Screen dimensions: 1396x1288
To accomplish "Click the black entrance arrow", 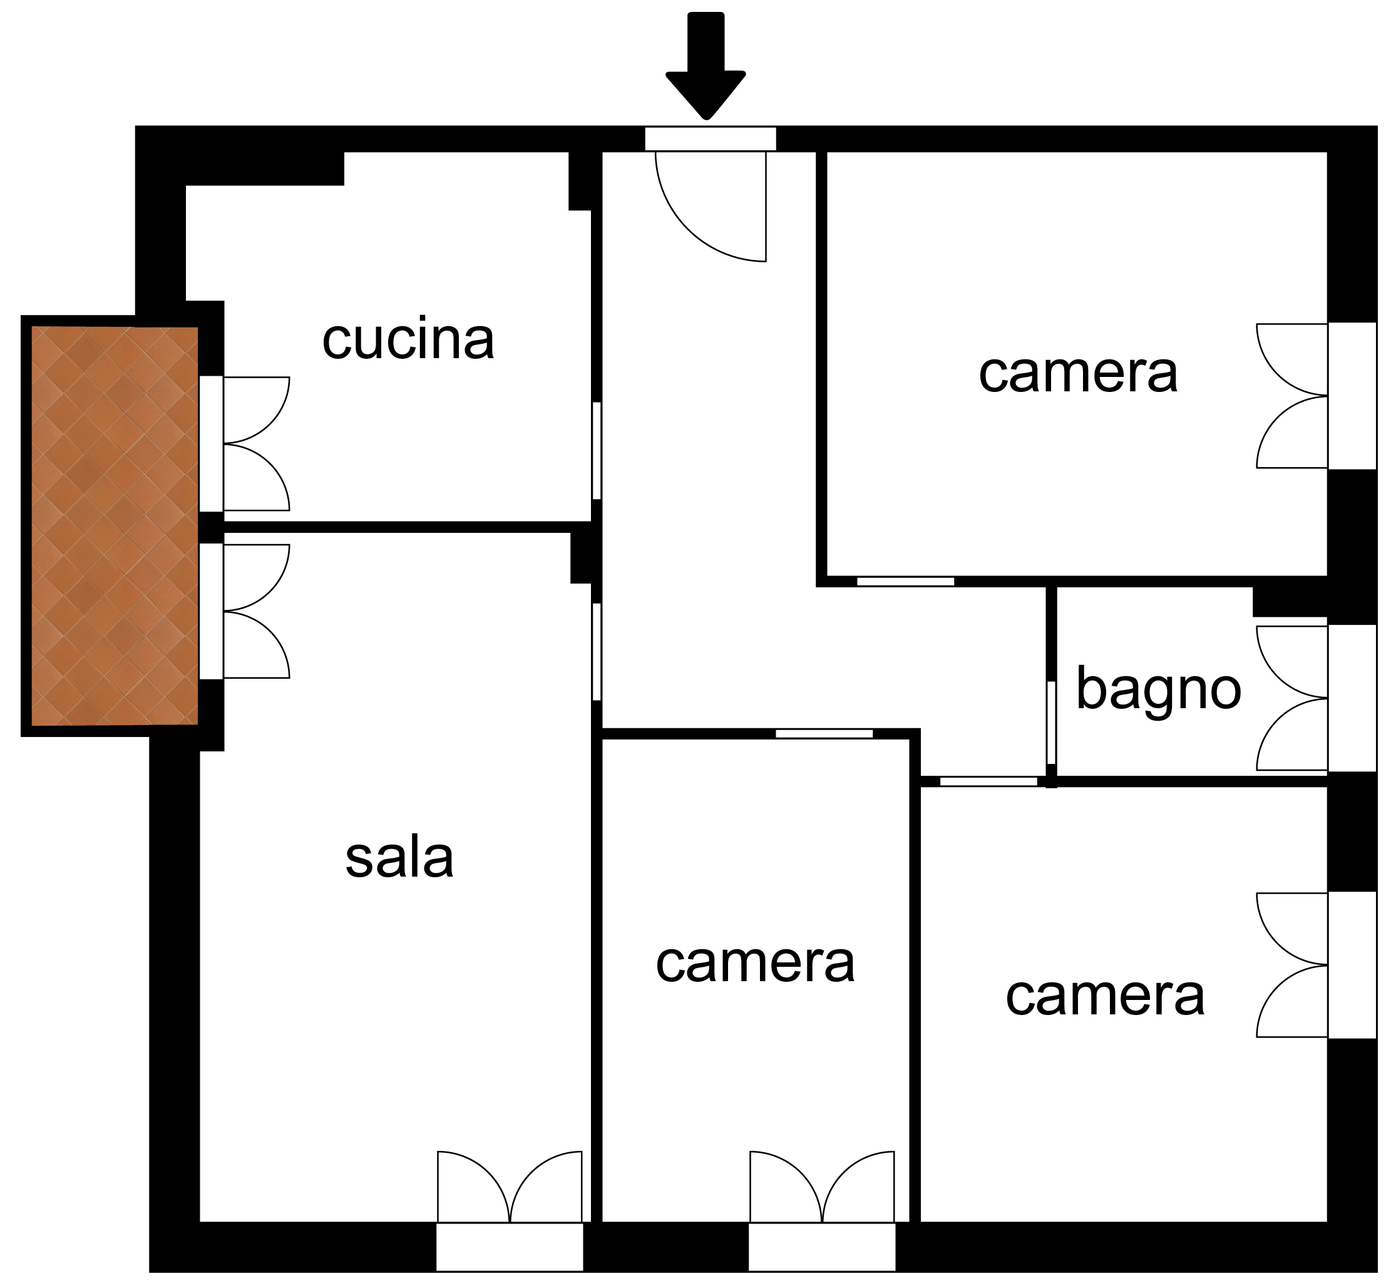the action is tap(706, 66).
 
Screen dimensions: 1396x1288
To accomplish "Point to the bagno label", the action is tap(1159, 689).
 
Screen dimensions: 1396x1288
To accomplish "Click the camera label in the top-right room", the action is tap(1078, 373).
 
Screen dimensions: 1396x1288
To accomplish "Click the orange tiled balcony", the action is tap(115, 525).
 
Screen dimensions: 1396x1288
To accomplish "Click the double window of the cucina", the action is tap(244, 444).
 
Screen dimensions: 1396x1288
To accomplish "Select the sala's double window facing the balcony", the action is tap(244, 611).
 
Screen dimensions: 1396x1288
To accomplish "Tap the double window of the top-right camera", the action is tap(1316, 395).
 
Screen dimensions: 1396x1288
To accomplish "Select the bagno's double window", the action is tap(1316, 698).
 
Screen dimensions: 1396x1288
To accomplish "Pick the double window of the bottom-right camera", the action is tap(1316, 965).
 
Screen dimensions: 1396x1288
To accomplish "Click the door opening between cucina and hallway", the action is tap(597, 450).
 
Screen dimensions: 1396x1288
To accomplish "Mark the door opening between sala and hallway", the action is tap(597, 651).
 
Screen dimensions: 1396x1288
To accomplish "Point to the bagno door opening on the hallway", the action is tap(1051, 723).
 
